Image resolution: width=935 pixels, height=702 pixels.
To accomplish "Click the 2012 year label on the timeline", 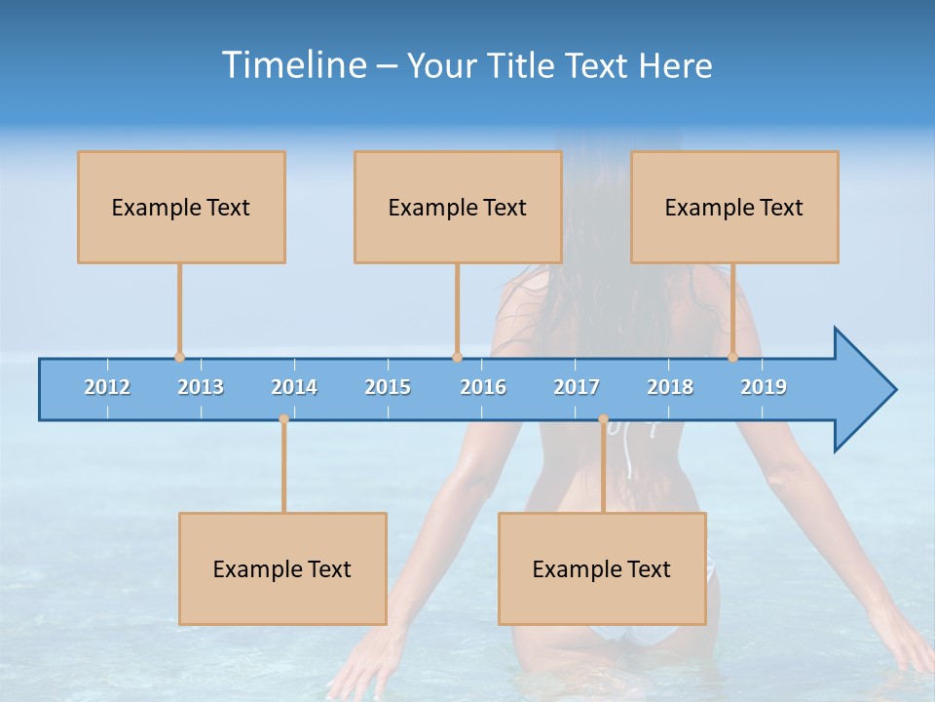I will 107,387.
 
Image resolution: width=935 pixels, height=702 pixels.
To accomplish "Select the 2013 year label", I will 201,387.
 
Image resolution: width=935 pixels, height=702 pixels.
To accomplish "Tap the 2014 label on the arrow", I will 294,387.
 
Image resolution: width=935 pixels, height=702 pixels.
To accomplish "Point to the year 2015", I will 388,387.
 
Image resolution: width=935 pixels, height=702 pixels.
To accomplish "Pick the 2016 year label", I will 483,387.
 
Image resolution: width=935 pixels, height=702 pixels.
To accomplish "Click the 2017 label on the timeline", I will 577,387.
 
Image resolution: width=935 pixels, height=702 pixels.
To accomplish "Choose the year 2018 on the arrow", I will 670,387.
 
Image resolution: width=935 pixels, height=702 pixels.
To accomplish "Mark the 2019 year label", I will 764,387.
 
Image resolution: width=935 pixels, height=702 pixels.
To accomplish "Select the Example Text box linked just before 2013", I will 181,207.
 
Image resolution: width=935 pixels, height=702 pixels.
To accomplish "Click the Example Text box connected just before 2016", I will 458,207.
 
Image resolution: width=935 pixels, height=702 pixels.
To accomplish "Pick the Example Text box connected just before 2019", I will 734,207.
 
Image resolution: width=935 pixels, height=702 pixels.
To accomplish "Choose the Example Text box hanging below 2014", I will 282,568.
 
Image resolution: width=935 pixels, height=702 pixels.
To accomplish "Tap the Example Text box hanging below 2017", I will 602,568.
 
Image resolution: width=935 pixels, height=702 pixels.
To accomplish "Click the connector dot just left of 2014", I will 283,419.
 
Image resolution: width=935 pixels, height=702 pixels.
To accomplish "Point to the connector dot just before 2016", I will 457,357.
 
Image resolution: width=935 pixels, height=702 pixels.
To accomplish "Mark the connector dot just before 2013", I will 179,357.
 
